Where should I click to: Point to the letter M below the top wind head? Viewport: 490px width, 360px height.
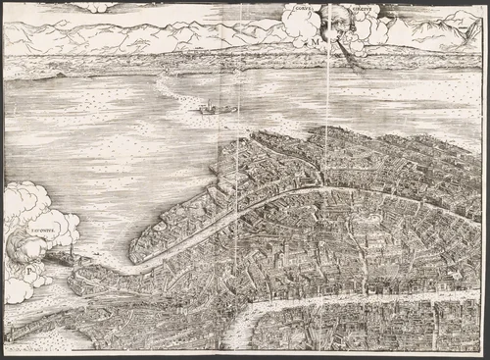pos(318,41)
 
